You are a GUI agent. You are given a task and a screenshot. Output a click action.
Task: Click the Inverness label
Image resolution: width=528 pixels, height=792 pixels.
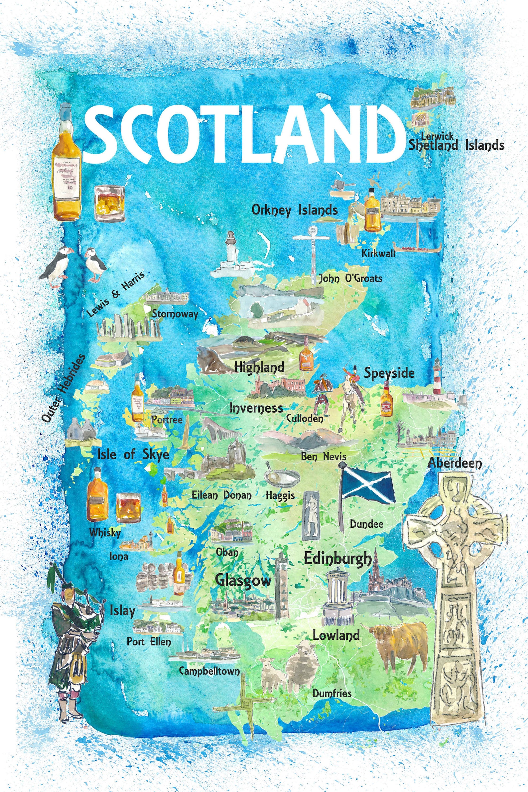pyautogui.click(x=256, y=408)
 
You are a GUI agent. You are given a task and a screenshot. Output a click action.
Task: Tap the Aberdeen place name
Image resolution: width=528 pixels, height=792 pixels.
pyautogui.click(x=455, y=463)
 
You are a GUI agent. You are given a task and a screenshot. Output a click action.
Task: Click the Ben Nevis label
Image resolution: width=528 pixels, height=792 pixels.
pyautogui.click(x=323, y=456)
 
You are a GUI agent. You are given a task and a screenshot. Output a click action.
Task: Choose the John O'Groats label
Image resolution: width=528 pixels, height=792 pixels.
pyautogui.click(x=350, y=278)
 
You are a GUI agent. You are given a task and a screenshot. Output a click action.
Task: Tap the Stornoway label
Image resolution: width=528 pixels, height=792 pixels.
pyautogui.click(x=175, y=314)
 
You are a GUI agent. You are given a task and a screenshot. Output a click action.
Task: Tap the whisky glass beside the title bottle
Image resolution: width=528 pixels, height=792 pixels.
pyautogui.click(x=109, y=203)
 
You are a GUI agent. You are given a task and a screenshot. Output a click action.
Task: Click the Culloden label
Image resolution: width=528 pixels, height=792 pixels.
pyautogui.click(x=305, y=419)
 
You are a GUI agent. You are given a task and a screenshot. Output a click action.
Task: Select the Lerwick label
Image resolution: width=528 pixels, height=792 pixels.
pyautogui.click(x=437, y=136)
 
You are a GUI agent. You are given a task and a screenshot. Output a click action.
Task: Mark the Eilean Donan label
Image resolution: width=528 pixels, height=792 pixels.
pyautogui.click(x=221, y=495)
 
